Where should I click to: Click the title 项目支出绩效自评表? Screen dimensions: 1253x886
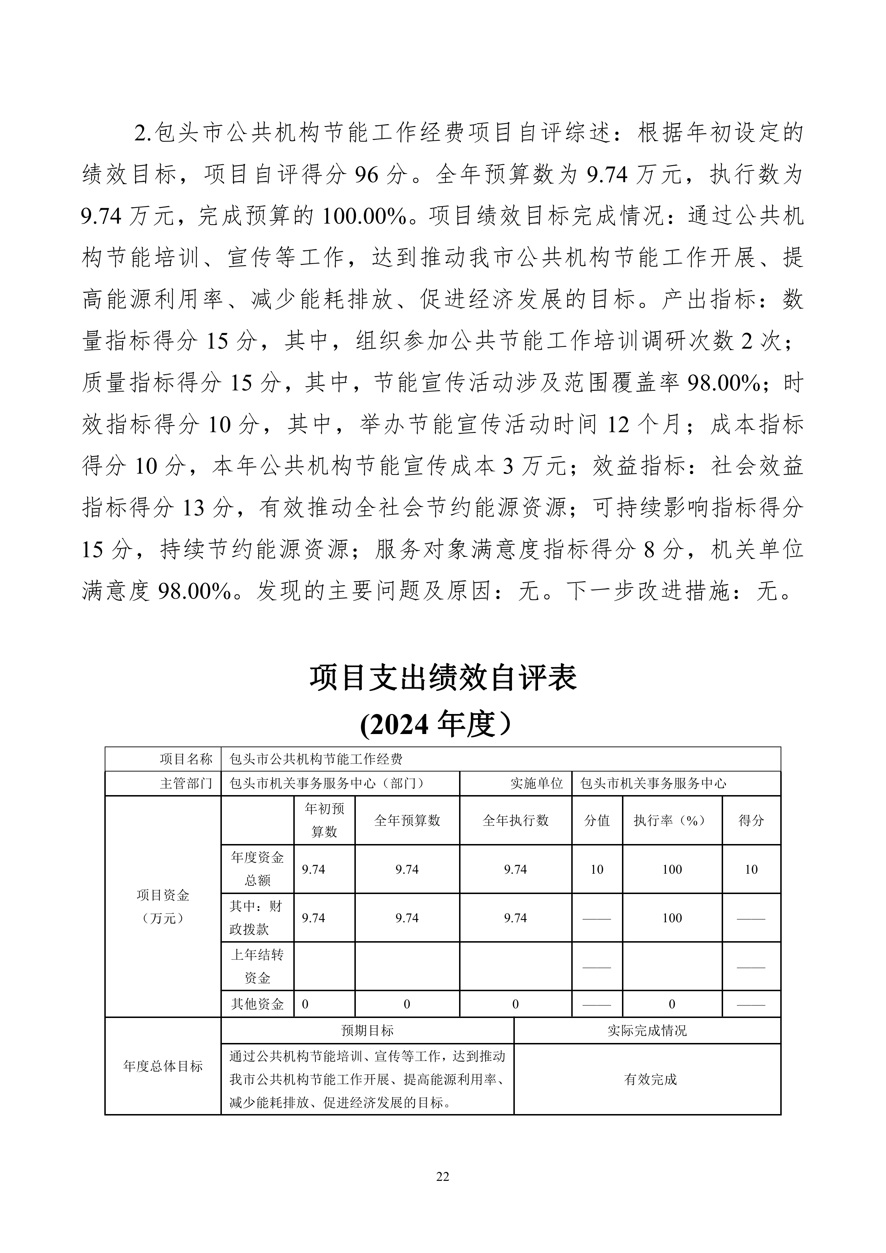443,678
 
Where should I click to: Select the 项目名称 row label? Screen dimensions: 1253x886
186,759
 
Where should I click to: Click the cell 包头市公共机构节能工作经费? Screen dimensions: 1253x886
316,759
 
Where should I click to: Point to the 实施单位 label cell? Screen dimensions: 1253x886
536,783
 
